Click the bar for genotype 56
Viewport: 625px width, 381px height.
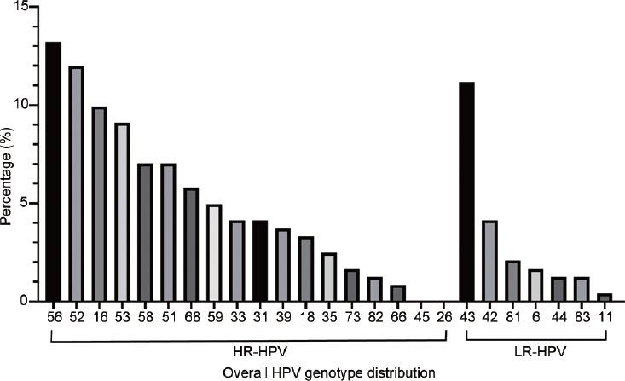(53, 171)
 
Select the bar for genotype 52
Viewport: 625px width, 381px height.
(76, 183)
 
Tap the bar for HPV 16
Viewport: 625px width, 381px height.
(99, 204)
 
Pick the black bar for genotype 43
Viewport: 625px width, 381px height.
(466, 192)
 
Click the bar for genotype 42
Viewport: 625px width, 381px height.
(489, 261)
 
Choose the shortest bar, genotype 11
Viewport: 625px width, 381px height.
(605, 297)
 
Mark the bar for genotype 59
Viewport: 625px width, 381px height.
(214, 253)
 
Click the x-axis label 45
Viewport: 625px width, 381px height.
(421, 315)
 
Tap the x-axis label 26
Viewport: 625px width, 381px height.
(444, 315)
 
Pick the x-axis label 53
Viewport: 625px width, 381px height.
(122, 315)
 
